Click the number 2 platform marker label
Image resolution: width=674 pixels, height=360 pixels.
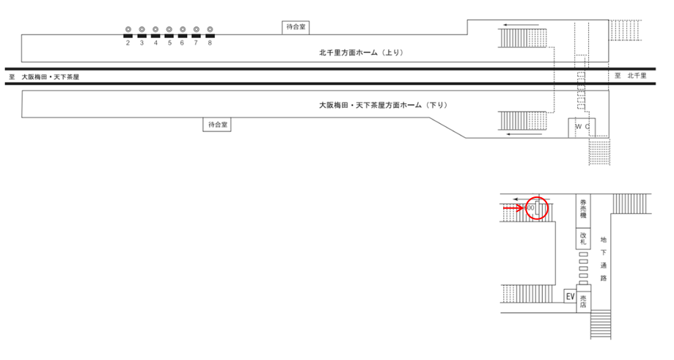coord(128,43)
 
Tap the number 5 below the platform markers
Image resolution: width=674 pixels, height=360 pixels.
coord(169,43)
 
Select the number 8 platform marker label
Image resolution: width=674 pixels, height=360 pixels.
coord(210,43)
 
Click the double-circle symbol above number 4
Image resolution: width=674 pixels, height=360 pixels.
coord(155,29)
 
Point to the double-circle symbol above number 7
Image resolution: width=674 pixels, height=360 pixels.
coord(196,29)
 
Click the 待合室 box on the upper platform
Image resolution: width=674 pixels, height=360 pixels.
coord(296,27)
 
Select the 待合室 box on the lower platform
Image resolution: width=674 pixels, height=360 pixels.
coord(216,125)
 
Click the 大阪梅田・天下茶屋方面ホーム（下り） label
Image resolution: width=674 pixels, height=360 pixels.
coord(381,106)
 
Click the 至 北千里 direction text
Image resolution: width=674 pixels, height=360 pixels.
coord(630,76)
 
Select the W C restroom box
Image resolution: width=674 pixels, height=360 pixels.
coord(582,127)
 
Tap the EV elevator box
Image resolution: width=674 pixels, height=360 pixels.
coord(568,296)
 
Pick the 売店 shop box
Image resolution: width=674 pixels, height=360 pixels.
coord(583,300)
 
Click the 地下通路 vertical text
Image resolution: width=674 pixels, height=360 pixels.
coord(603,258)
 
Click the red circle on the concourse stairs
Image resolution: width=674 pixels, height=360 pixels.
coord(538,208)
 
